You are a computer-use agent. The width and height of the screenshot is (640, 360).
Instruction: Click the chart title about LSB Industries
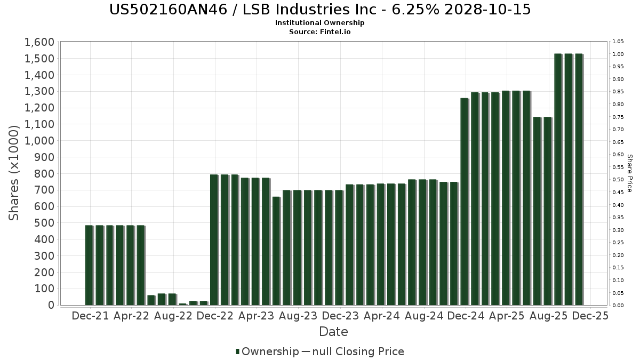(320, 10)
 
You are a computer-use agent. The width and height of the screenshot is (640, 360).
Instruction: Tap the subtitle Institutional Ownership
(320, 23)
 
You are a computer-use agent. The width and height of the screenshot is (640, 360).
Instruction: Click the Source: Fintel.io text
(320, 32)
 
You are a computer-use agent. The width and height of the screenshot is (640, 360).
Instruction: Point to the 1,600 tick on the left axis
(39, 42)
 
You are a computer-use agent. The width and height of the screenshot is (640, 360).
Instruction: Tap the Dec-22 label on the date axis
(215, 316)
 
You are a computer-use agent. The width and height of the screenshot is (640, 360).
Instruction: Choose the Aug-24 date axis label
(424, 316)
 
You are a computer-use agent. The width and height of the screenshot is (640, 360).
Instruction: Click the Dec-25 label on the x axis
(589, 316)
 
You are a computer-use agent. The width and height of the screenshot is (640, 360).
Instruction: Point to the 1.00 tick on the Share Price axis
(618, 54)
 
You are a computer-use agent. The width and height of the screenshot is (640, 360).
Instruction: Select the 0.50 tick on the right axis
(618, 180)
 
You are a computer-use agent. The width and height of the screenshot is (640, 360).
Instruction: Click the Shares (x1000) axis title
(14, 173)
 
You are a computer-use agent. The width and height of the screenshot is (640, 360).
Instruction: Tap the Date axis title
(333, 332)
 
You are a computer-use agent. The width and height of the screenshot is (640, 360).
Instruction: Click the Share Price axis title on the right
(629, 173)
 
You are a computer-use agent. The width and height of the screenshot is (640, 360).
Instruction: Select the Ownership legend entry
(267, 351)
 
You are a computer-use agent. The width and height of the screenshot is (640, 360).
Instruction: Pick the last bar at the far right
(579, 179)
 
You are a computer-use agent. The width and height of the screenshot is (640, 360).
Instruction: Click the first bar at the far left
(89, 265)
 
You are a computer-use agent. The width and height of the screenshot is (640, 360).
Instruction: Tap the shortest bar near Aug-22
(182, 304)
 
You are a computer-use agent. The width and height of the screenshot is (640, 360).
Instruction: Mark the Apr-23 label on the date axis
(257, 316)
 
